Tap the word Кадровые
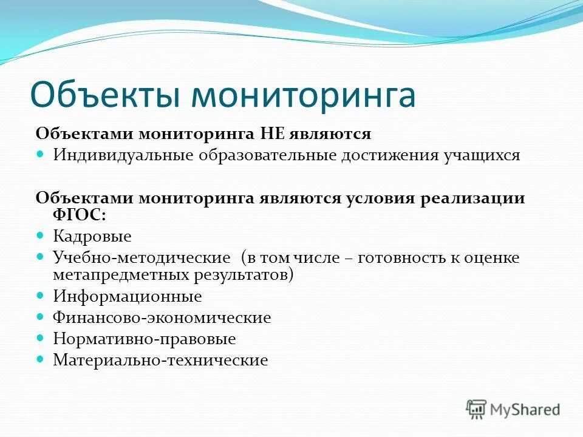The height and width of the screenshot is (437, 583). click(92, 235)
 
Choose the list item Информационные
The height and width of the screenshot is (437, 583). click(128, 297)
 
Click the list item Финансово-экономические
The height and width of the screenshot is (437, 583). click(162, 317)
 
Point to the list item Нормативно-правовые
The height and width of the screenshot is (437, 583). click(145, 339)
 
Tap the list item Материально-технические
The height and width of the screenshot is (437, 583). click(160, 360)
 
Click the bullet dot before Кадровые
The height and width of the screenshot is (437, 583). click(41, 234)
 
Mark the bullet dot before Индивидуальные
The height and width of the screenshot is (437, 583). click(41, 154)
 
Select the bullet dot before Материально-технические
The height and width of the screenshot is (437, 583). click(41, 359)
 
